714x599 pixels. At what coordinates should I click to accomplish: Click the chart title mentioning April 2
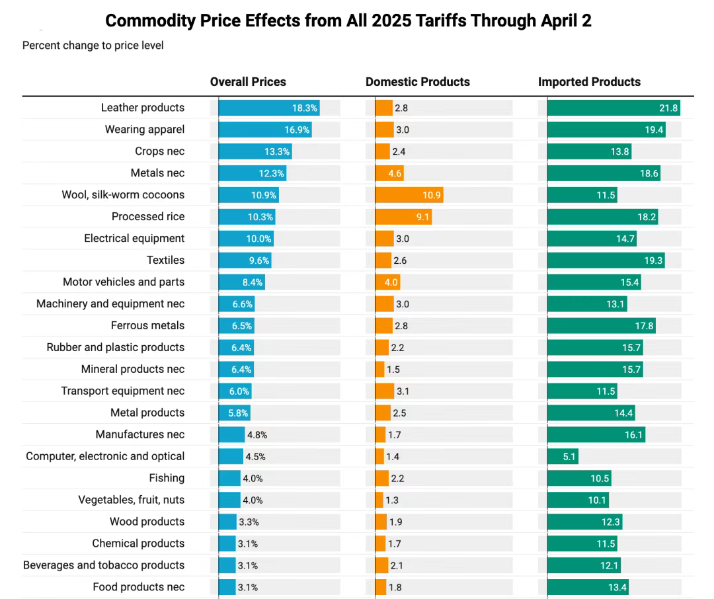[x=348, y=21]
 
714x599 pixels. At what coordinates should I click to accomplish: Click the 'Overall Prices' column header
[x=248, y=82]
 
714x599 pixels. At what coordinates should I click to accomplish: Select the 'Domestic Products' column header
[x=417, y=82]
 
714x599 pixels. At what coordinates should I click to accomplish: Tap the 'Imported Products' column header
[x=589, y=82]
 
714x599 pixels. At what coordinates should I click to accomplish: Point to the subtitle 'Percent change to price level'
[x=93, y=46]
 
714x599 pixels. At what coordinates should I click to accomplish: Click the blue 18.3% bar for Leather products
[x=269, y=108]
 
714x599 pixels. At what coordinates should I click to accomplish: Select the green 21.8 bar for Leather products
[x=614, y=108]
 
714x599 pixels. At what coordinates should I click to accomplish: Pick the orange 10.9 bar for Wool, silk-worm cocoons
[x=409, y=195]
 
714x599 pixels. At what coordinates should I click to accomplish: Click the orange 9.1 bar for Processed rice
[x=403, y=217]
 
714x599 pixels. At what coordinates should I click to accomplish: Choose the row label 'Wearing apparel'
[x=145, y=130]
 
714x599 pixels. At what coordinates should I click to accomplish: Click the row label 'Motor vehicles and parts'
[x=124, y=282]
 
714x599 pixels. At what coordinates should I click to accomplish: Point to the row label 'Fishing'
[x=167, y=478]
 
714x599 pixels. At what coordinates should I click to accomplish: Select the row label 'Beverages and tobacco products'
[x=104, y=565]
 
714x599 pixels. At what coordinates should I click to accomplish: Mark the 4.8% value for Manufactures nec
[x=257, y=435]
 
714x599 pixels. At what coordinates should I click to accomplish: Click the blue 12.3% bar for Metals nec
[x=253, y=173]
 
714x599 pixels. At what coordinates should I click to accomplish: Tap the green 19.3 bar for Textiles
[x=606, y=260]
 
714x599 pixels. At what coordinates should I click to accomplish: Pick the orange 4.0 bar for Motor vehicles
[x=387, y=282]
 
